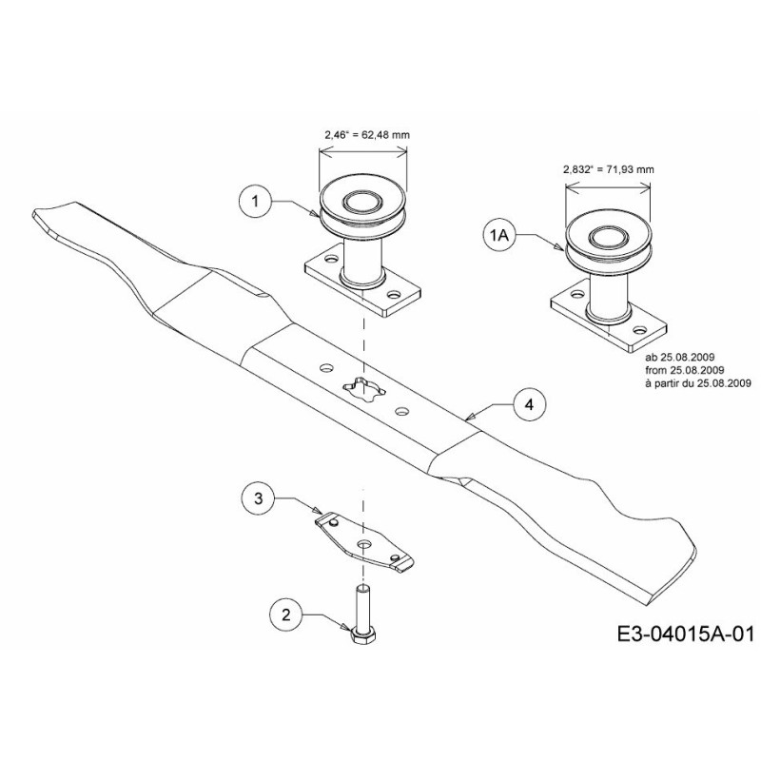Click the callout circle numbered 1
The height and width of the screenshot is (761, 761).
click(x=256, y=201)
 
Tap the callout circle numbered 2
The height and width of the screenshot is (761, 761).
click(x=286, y=615)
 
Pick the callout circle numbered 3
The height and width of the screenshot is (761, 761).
click(x=258, y=498)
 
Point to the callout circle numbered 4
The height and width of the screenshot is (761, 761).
click(x=530, y=404)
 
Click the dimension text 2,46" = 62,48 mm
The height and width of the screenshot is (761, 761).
click(x=367, y=135)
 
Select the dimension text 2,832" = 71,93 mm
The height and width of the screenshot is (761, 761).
click(x=608, y=169)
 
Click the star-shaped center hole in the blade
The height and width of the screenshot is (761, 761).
click(x=364, y=388)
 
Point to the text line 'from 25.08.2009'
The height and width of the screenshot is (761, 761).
click(x=685, y=370)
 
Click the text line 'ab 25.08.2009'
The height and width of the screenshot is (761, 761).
click(x=680, y=358)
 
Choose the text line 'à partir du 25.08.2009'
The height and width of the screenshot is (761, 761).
click(x=698, y=383)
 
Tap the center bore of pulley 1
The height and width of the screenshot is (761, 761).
click(x=362, y=200)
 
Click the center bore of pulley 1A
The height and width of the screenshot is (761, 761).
click(x=607, y=237)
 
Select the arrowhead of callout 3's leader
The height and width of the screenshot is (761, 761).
click(x=318, y=511)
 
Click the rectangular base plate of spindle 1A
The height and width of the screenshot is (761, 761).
click(x=609, y=321)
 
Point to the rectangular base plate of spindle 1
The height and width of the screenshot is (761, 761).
click(x=362, y=286)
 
